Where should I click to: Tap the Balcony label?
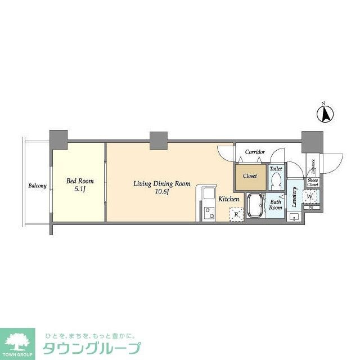38,186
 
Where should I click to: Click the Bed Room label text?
80,181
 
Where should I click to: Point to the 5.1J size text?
80,190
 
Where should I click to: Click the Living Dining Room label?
161,184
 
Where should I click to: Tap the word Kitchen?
229,199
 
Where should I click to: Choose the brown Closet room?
249,175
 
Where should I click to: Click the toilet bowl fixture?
276,180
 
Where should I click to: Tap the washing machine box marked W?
310,196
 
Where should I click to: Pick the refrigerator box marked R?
236,214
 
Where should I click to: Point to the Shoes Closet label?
313,182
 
